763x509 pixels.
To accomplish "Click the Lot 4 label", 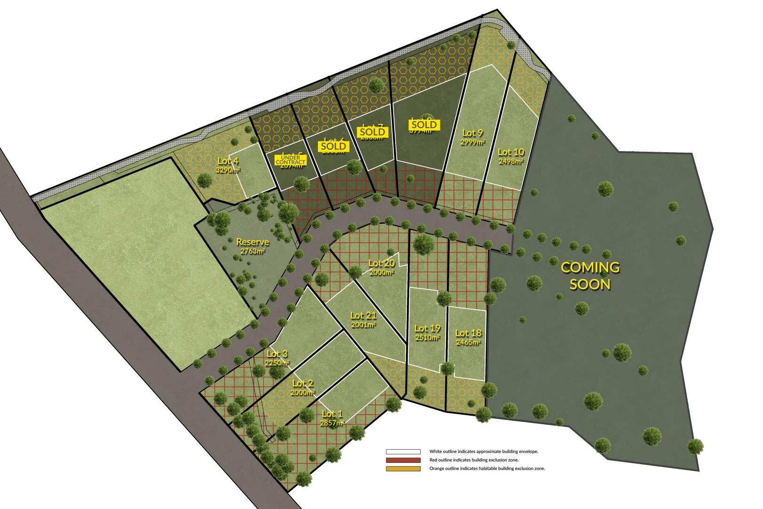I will click(x=228, y=161).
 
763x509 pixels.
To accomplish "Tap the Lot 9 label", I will click(x=472, y=133).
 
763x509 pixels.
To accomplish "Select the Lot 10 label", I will click(x=511, y=152).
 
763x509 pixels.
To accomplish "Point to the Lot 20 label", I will click(x=381, y=263).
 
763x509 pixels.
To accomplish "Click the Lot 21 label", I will click(x=363, y=315).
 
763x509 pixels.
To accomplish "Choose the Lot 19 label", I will click(x=427, y=328).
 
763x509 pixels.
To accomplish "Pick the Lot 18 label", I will click(x=468, y=333).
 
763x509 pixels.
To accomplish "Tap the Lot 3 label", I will click(x=277, y=353).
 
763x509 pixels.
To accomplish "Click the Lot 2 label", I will click(x=302, y=383).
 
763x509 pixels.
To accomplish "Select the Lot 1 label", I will click(x=332, y=413).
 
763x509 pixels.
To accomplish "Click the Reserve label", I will click(x=252, y=242).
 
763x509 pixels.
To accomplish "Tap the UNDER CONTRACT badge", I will click(x=291, y=160).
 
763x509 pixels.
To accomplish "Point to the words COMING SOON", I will click(x=590, y=276).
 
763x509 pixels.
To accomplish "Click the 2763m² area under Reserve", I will click(x=253, y=251).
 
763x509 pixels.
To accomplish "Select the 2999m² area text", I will click(x=473, y=142).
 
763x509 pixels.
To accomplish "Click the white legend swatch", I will click(x=403, y=452).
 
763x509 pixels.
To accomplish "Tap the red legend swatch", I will click(x=403, y=460).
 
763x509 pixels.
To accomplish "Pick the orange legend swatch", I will click(x=403, y=468).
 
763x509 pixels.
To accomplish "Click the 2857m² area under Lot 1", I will click(x=332, y=423).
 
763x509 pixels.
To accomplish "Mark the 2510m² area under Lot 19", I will click(x=428, y=337).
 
